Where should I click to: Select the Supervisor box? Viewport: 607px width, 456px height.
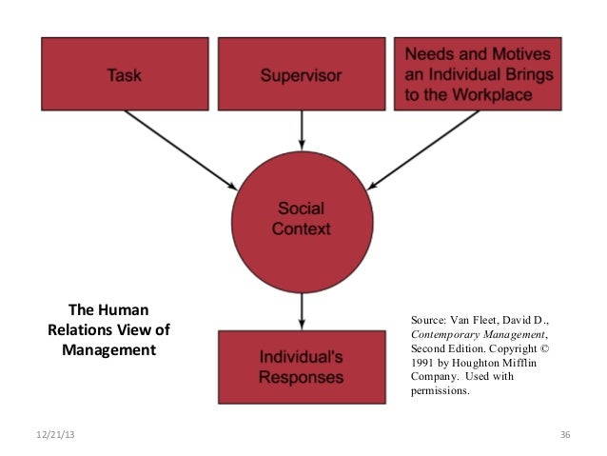[302, 72]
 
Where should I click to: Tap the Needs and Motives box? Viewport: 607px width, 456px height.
[479, 72]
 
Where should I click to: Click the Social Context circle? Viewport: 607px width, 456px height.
[303, 217]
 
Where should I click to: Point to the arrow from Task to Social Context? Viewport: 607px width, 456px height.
[181, 148]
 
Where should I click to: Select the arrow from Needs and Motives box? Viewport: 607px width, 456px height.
[423, 148]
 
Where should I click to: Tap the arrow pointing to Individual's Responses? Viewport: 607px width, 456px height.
[302, 310]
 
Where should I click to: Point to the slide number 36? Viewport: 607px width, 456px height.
[564, 435]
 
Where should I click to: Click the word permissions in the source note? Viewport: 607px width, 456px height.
[440, 390]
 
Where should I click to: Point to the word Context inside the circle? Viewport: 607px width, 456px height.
[302, 228]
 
